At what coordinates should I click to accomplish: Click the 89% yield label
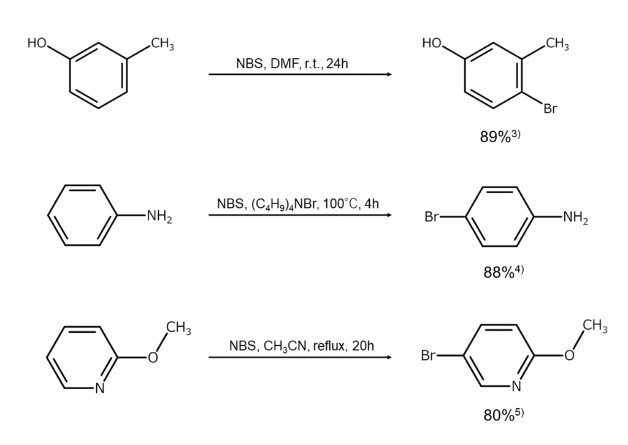(500, 136)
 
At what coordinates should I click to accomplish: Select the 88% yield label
(504, 272)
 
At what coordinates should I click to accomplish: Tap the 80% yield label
(504, 415)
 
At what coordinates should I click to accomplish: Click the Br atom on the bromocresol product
(550, 108)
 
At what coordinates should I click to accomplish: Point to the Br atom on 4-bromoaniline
(431, 217)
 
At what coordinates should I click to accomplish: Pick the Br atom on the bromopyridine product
(427, 356)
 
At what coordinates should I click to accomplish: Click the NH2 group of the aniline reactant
(159, 216)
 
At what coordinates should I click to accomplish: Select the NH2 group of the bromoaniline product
(575, 218)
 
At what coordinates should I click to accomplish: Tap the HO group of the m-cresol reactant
(37, 43)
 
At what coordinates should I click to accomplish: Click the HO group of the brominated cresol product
(432, 43)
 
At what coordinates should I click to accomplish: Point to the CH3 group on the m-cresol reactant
(162, 44)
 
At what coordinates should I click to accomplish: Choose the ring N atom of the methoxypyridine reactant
(100, 388)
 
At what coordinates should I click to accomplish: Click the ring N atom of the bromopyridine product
(516, 386)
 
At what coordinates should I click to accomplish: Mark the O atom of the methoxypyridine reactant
(153, 357)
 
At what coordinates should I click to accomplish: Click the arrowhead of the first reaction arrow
(389, 74)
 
